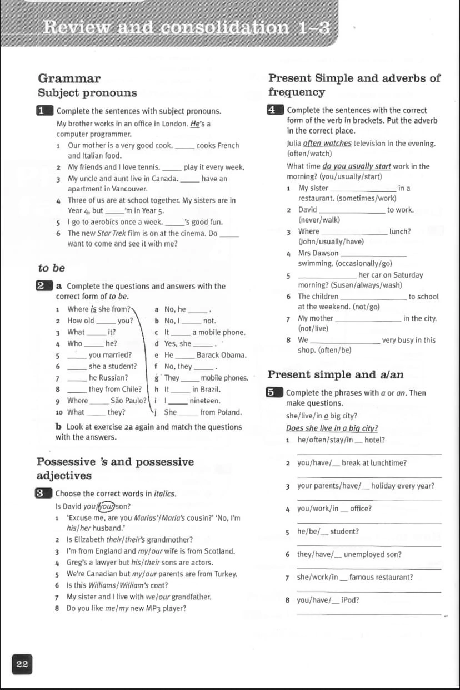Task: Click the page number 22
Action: tap(22, 664)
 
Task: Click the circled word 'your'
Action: tap(106, 506)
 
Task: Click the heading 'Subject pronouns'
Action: tap(87, 93)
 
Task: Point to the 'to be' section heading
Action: tap(51, 268)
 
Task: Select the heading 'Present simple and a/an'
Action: tap(336, 374)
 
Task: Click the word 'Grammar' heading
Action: tap(69, 78)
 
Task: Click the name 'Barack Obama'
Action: tap(221, 355)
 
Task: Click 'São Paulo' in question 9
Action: tap(128, 401)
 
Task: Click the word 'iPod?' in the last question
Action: tap(350, 600)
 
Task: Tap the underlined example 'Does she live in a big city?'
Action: tap(332, 428)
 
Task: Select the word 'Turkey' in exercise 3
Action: tap(225, 574)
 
